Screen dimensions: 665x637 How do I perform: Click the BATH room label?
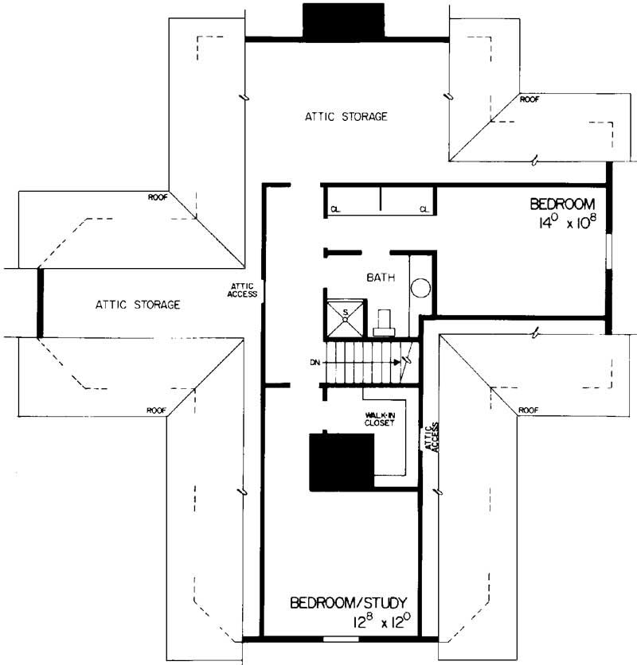(x=378, y=278)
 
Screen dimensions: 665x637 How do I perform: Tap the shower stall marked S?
(x=346, y=316)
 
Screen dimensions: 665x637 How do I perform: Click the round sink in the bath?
(x=420, y=287)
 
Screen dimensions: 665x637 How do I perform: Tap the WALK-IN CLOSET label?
(x=381, y=418)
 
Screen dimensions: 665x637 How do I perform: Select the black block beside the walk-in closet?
(x=342, y=460)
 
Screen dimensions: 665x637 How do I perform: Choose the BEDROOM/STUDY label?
(x=349, y=602)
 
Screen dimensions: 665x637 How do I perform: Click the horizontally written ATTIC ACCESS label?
(x=243, y=290)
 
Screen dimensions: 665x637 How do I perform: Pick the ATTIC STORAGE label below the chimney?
(x=346, y=116)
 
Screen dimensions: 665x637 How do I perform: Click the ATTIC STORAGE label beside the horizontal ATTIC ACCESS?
(x=137, y=304)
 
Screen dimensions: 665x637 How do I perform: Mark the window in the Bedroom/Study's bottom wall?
(x=341, y=639)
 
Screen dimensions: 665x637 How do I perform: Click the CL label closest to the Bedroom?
(x=424, y=210)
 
